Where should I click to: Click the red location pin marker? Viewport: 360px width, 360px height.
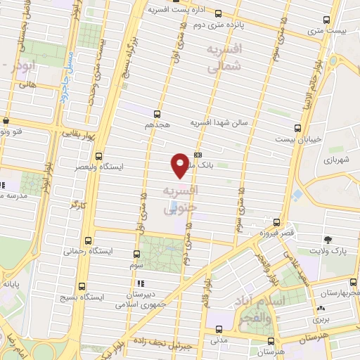(x=181, y=165)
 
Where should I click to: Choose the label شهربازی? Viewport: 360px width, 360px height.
(x=340, y=160)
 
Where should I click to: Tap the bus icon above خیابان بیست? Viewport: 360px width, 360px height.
(x=297, y=128)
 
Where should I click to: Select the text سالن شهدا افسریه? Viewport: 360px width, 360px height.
(x=217, y=122)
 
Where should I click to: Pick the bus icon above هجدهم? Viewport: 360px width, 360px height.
(x=156, y=114)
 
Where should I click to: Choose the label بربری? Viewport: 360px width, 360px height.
(x=321, y=319)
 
